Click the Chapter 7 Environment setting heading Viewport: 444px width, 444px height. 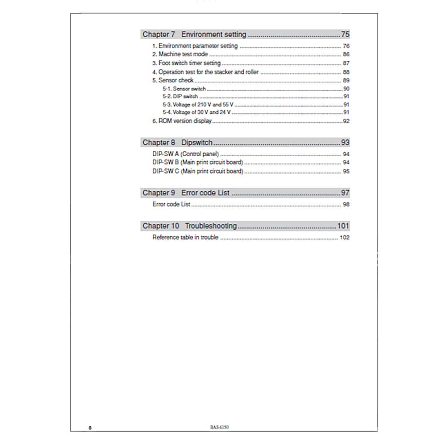[194, 34]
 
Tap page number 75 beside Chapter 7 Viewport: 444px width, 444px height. [345, 34]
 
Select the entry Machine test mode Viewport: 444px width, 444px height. [183, 54]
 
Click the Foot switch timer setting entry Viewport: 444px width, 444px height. [189, 63]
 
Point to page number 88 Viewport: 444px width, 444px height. [346, 72]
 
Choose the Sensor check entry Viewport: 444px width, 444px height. [176, 80]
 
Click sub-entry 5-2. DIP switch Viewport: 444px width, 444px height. [180, 96]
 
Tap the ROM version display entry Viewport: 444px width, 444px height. [185, 121]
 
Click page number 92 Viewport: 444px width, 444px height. [346, 121]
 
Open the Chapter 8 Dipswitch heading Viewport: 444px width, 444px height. [178, 143]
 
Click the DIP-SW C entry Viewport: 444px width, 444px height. [198, 171]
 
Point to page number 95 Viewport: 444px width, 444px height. [346, 171]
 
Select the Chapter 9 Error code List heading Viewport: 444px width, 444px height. [186, 193]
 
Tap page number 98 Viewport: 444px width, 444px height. [346, 204]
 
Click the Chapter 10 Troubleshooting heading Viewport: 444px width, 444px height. [190, 226]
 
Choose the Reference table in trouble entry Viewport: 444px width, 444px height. [185, 238]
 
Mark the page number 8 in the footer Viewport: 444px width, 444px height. [90, 428]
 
